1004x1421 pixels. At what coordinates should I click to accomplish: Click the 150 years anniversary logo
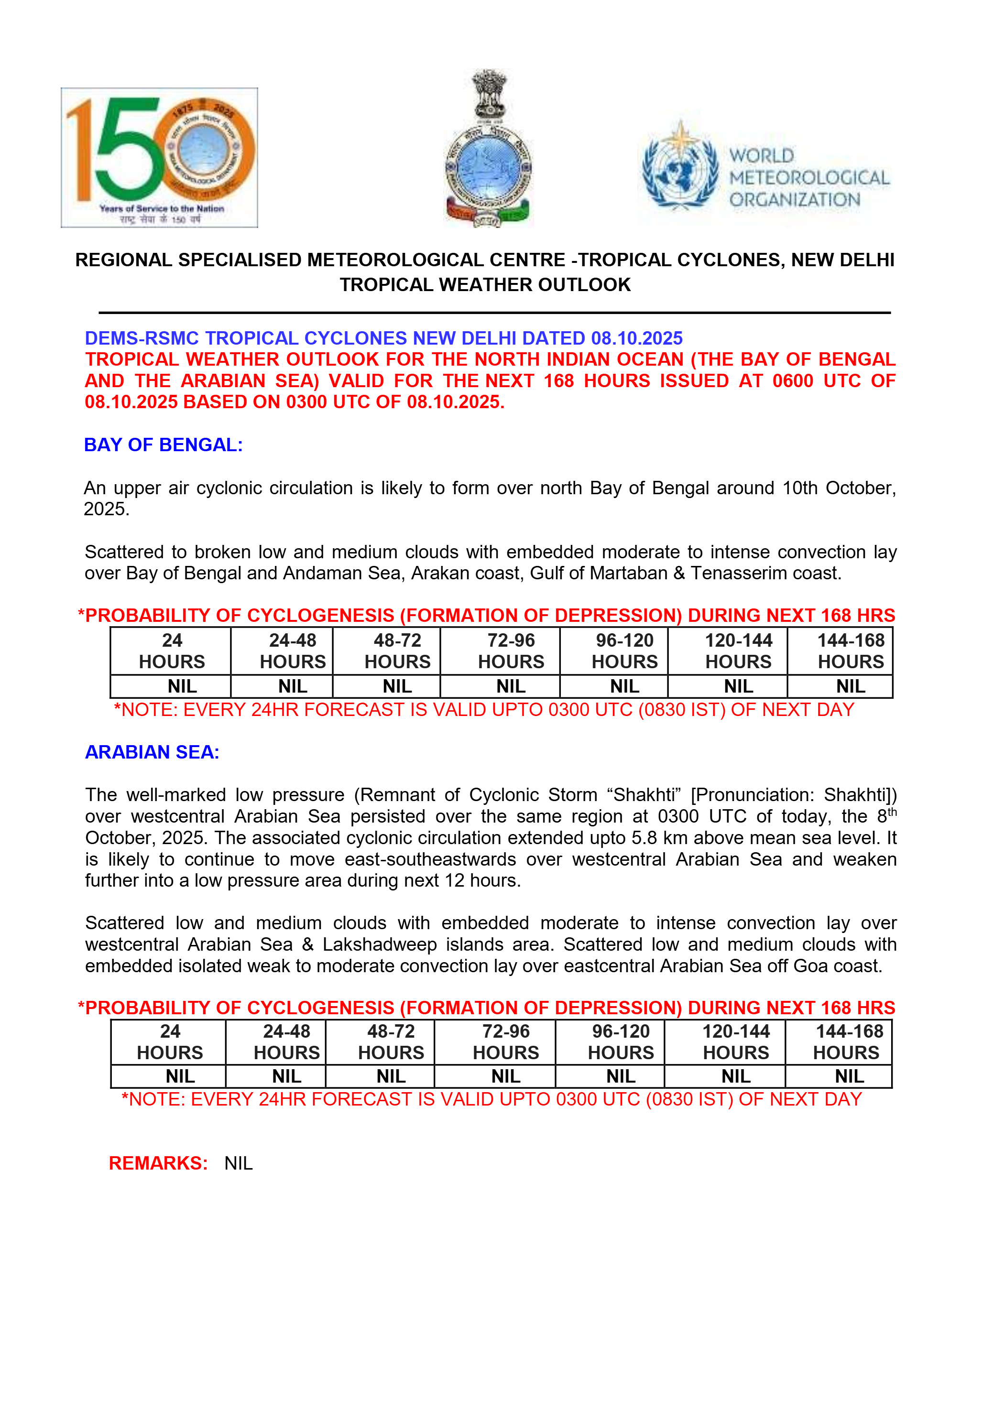coord(159,157)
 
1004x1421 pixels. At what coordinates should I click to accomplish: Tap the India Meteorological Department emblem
coord(489,149)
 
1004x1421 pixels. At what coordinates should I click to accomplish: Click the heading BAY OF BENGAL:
coord(164,445)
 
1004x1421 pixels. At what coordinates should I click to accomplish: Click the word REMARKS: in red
coord(158,1163)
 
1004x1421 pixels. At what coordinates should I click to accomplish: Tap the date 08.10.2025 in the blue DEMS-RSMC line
coord(637,338)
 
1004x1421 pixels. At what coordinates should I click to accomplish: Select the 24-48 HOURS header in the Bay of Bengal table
coord(292,651)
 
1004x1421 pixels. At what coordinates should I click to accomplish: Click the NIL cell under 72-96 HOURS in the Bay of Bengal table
coord(511,686)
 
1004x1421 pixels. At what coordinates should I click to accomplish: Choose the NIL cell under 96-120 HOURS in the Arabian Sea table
coord(621,1076)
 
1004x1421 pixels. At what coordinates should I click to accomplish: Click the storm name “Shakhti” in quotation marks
coord(644,795)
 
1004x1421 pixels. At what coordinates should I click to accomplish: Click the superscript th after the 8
coord(892,812)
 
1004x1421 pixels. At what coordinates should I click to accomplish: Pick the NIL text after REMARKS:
coord(238,1163)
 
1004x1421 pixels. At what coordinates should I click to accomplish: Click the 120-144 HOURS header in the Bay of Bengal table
coord(739,651)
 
